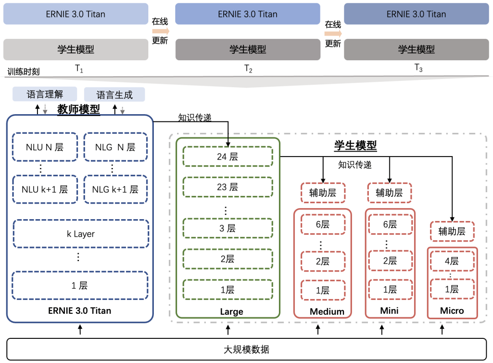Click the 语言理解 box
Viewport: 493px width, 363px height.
(x=45, y=95)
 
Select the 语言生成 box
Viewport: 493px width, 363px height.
(x=114, y=95)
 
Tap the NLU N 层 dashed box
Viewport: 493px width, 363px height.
(x=45, y=147)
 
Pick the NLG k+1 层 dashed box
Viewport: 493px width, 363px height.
(x=115, y=189)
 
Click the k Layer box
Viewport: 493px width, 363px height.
(x=80, y=234)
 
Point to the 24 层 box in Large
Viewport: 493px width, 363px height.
(x=227, y=157)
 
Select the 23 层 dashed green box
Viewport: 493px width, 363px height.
(x=227, y=187)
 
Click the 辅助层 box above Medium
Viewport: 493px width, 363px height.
(x=323, y=193)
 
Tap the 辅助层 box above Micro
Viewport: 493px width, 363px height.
(x=452, y=231)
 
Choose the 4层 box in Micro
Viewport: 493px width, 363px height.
(x=452, y=261)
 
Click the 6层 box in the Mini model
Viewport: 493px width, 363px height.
(x=390, y=224)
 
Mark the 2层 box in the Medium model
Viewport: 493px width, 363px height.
(x=323, y=261)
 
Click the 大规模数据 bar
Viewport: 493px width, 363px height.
(x=246, y=349)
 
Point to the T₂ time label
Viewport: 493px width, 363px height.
(x=248, y=69)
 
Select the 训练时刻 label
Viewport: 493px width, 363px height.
(x=24, y=72)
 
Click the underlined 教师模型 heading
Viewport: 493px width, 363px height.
(x=79, y=110)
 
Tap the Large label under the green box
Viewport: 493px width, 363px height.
(x=231, y=311)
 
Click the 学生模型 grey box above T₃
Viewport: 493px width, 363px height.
(x=416, y=49)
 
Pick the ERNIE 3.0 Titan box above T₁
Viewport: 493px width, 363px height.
(x=76, y=14)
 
